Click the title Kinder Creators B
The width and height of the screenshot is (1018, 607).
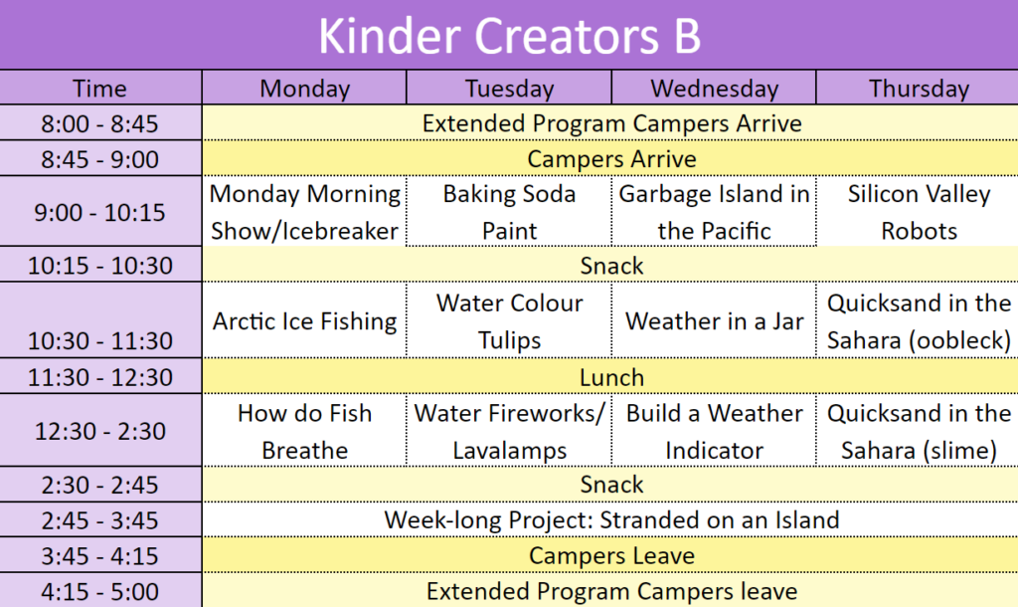[510, 35]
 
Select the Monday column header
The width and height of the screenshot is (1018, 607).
[304, 89]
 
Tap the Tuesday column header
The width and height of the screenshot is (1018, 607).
[510, 89]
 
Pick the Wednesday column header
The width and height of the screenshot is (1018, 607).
[714, 89]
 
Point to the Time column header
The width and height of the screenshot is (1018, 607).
[99, 89]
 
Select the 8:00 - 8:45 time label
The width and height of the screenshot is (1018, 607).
[99, 123]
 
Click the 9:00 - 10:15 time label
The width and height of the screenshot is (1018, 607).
[99, 213]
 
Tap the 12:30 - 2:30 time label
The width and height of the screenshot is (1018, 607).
[99, 431]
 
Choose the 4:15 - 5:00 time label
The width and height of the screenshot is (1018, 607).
[99, 591]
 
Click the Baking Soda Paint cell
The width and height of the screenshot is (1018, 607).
[510, 212]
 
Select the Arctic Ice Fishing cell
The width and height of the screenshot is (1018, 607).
[304, 321]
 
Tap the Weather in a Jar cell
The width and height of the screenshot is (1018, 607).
[714, 321]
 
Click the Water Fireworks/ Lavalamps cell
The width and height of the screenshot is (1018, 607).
[510, 432]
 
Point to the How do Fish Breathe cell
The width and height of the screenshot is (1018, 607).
[304, 432]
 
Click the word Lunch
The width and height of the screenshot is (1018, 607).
[611, 377]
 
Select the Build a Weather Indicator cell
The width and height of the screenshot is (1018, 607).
[714, 432]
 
